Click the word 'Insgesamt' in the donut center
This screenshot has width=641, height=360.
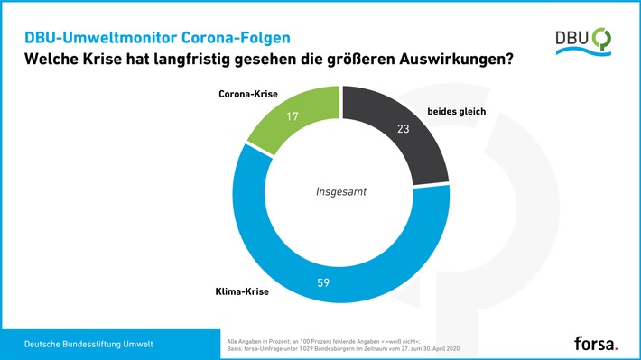point(341,191)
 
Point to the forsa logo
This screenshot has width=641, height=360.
point(596,343)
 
